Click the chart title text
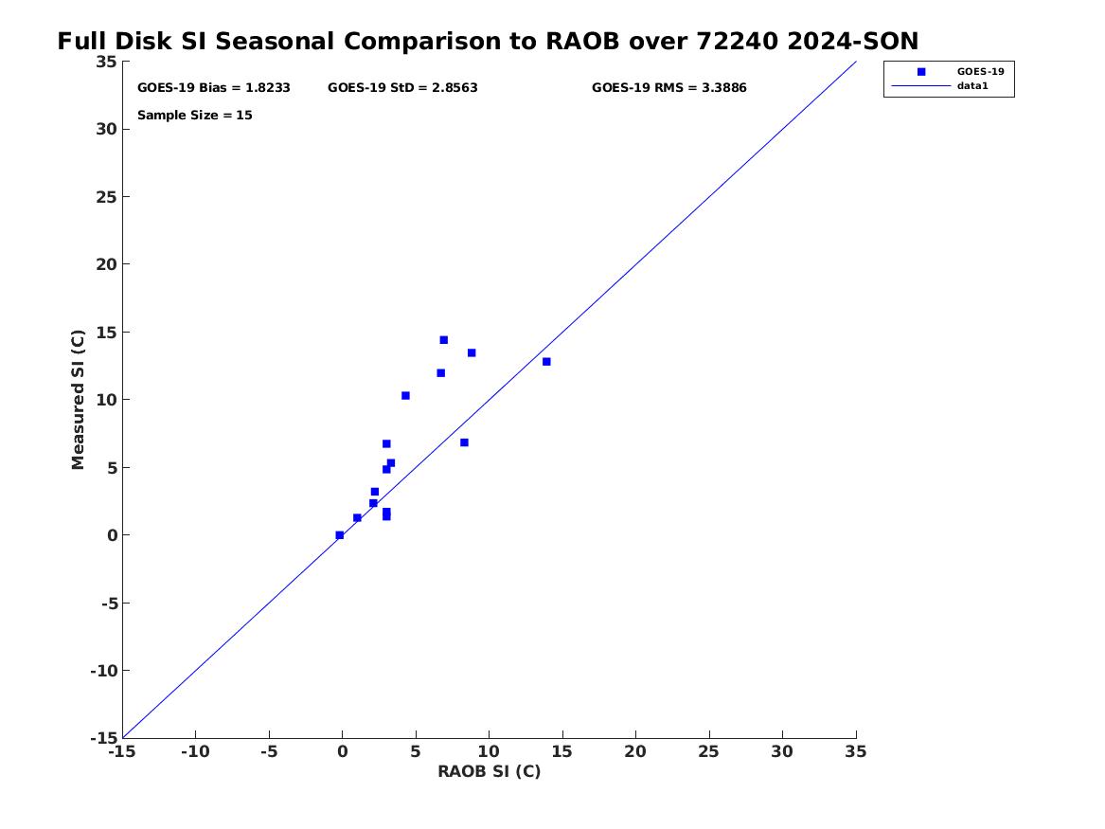coord(488,41)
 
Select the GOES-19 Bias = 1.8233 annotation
coord(214,88)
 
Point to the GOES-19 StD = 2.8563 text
coord(402,88)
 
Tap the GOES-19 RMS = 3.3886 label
coord(668,88)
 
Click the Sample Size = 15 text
coord(194,115)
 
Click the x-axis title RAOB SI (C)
coord(490,771)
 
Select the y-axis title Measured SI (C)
coord(78,400)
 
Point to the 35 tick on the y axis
coord(106,62)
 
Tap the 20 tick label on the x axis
coord(635,751)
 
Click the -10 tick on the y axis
coord(103,671)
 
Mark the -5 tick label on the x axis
coord(269,751)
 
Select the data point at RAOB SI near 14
coord(546,362)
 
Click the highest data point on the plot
coord(444,340)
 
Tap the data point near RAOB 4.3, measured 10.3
coord(405,395)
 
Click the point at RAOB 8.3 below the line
coord(464,442)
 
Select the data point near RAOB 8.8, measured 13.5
coord(472,352)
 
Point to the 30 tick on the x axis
coord(782,751)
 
